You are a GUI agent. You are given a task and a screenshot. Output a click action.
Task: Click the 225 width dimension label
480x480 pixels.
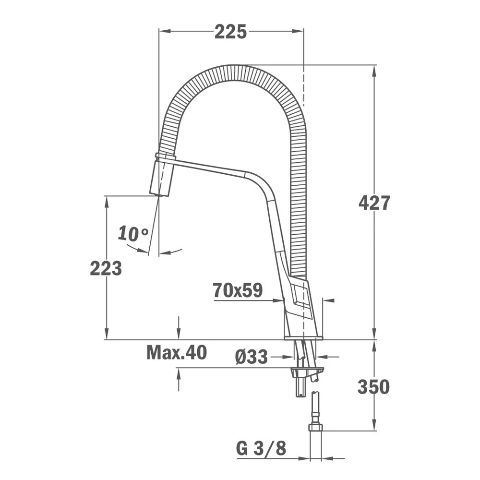(230, 32)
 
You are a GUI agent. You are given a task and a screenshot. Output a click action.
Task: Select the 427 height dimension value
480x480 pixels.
(374, 203)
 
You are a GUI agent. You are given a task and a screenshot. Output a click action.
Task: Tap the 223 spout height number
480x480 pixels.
(106, 269)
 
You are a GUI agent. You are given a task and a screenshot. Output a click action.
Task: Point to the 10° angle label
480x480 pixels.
(133, 234)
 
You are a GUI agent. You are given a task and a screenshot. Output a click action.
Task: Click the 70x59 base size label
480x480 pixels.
(238, 290)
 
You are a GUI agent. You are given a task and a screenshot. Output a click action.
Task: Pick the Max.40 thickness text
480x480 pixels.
(177, 353)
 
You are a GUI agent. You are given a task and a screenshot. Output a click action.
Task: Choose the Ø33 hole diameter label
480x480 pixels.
(252, 357)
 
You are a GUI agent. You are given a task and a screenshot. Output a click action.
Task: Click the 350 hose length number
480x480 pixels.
(373, 386)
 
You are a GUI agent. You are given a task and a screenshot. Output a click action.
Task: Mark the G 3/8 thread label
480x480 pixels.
(261, 448)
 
